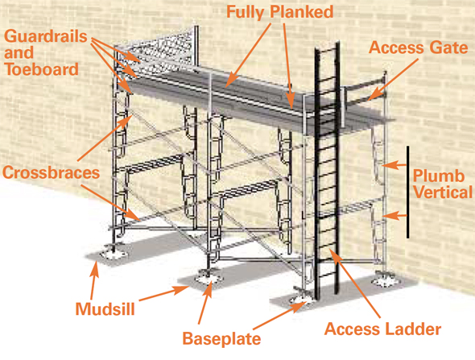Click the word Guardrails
click(46, 36)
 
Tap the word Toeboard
click(42, 69)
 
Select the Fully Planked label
click(280, 12)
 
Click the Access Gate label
click(419, 48)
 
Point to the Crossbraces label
click(52, 172)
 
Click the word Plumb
click(439, 176)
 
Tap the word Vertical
click(443, 192)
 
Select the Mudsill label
click(105, 309)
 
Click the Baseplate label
click(221, 338)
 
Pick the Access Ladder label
click(382, 329)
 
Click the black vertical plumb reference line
click(408, 192)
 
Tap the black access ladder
click(327, 170)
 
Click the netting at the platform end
click(159, 52)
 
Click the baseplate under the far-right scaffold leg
click(386, 280)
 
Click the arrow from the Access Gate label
click(393, 80)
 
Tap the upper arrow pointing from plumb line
click(394, 165)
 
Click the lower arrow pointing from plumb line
click(394, 216)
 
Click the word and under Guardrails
click(19, 52)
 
